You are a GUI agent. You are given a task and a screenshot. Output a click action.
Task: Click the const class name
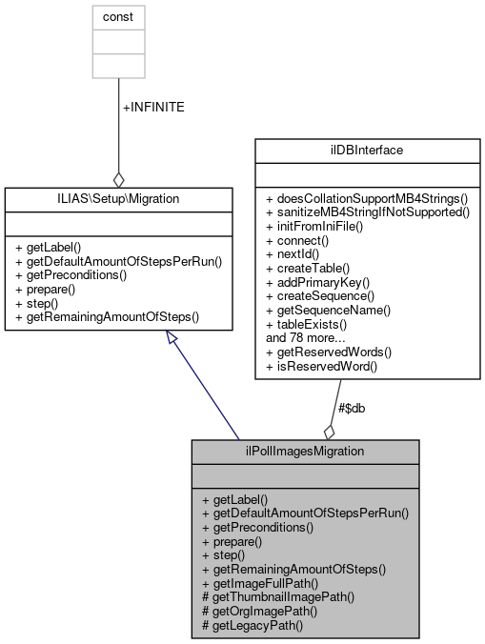(x=118, y=17)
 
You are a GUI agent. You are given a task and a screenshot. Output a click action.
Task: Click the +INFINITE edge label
(x=153, y=108)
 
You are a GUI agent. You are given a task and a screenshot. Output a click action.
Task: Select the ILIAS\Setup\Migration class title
(x=119, y=198)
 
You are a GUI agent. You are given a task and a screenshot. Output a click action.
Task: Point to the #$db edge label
(x=352, y=408)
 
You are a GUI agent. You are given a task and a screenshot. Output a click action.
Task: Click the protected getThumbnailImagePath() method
(x=277, y=597)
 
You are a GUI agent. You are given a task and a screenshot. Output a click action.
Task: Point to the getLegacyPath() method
(x=252, y=625)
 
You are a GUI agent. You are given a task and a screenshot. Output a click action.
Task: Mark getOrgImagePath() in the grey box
(x=260, y=611)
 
